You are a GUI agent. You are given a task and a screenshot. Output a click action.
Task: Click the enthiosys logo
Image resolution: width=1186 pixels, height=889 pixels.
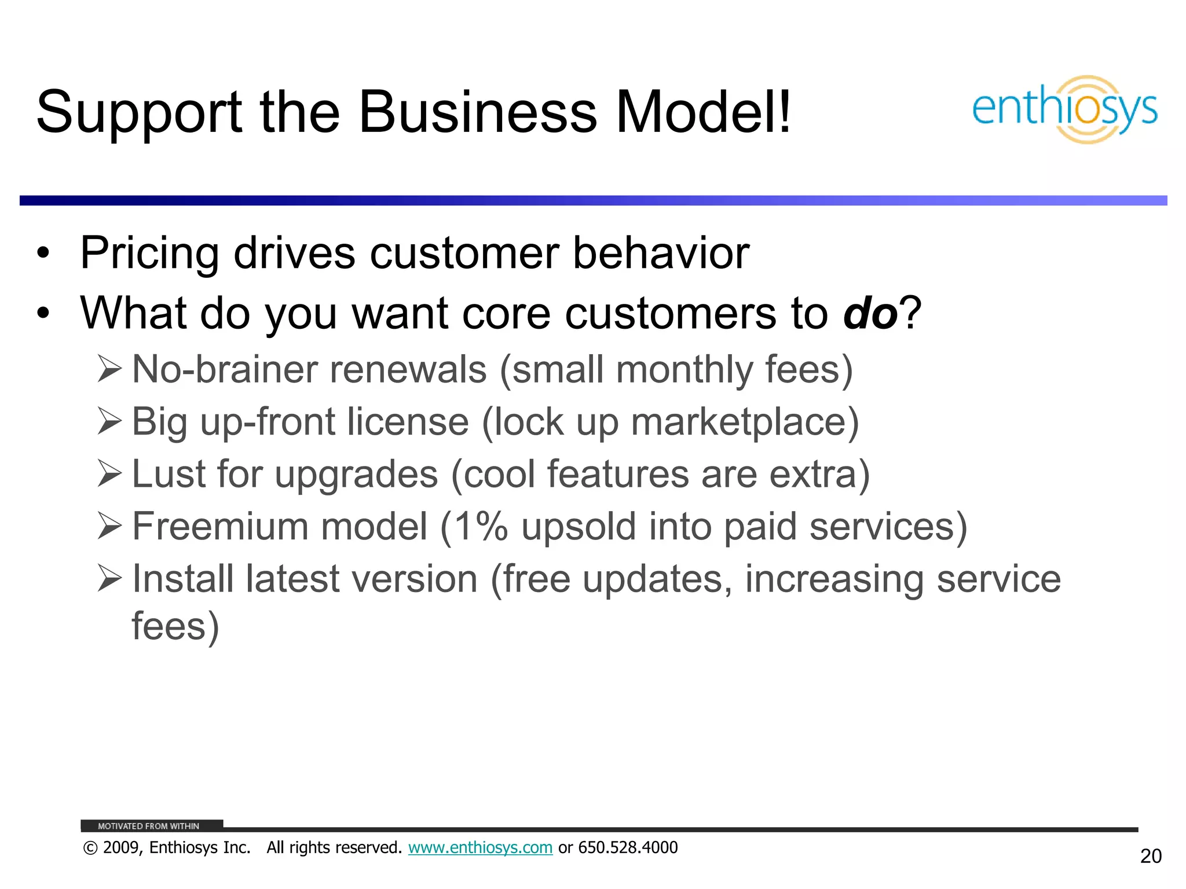(1064, 109)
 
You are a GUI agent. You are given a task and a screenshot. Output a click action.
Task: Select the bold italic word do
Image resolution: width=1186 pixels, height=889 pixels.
(870, 313)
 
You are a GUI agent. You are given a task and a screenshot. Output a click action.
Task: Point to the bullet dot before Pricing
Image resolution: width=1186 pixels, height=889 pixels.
(43, 254)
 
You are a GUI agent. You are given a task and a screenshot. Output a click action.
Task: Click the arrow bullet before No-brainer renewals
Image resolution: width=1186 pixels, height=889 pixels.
(109, 369)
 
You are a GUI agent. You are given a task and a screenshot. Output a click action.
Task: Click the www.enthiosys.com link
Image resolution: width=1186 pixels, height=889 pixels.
(480, 847)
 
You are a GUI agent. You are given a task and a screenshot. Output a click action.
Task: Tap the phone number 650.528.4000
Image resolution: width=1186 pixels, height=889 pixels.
(628, 847)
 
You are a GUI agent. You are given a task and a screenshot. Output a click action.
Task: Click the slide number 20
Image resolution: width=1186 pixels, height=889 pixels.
(1150, 856)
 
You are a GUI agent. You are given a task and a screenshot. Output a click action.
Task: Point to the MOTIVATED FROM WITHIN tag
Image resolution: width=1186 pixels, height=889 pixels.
(149, 826)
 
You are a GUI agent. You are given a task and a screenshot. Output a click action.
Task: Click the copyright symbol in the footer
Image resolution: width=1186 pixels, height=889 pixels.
(90, 848)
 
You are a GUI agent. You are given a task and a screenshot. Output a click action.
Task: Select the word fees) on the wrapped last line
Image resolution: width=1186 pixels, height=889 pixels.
(175, 626)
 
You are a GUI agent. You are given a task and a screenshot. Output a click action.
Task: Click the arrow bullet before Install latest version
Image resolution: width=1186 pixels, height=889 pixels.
(109, 578)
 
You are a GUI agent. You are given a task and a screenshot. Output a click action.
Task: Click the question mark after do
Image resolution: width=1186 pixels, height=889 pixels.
(910, 313)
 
